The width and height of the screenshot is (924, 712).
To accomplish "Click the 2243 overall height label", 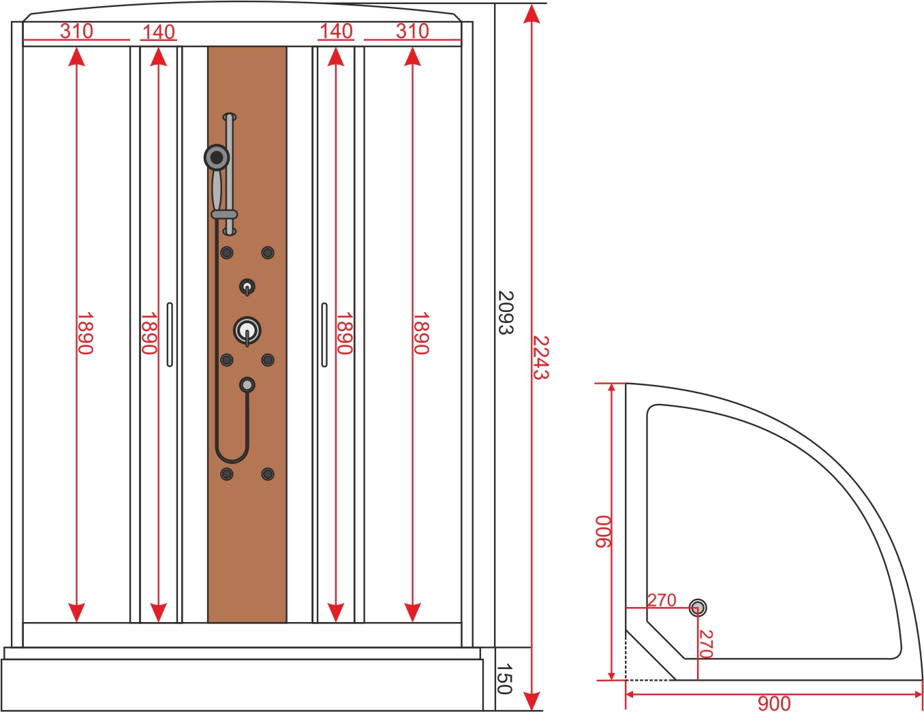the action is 541,358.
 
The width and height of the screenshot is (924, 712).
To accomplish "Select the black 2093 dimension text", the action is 506,313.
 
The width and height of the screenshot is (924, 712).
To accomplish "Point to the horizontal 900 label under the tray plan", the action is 774,704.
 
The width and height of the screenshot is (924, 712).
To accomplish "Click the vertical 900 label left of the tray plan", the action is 602,531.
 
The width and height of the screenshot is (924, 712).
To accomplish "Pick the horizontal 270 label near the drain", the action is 662,600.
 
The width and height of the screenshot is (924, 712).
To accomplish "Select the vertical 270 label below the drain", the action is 705,644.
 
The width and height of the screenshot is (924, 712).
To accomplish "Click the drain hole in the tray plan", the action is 698,608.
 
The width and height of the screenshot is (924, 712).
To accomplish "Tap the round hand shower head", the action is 217,157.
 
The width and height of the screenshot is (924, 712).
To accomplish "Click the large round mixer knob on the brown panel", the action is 247,330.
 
